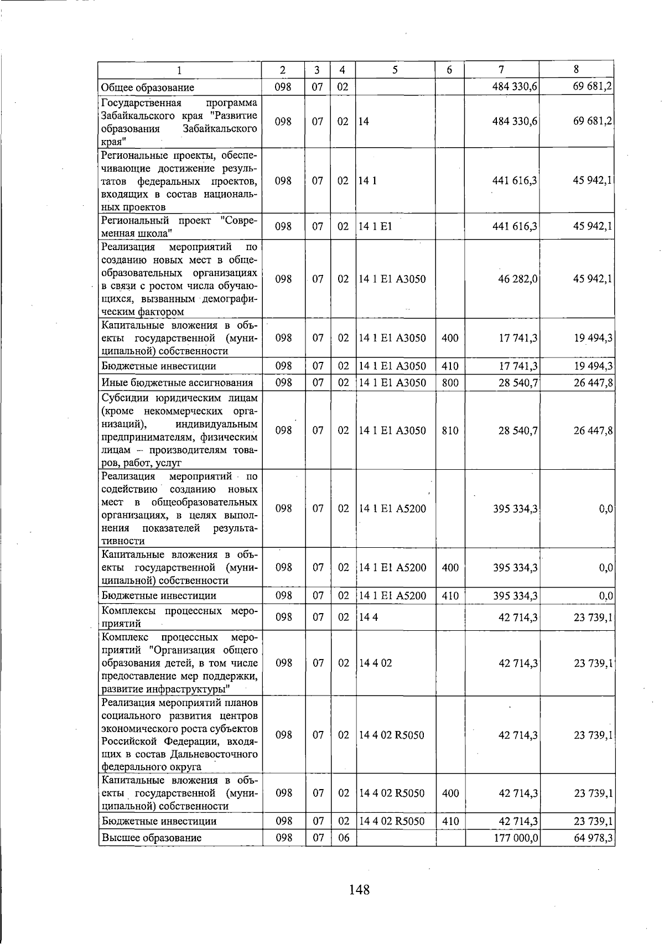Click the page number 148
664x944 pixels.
pyautogui.click(x=359, y=890)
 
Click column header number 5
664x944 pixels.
pyautogui.click(x=395, y=70)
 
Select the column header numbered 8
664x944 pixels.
pyautogui.click(x=576, y=70)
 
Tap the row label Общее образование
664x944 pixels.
pyautogui.click(x=148, y=87)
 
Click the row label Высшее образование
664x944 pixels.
pyautogui.click(x=151, y=838)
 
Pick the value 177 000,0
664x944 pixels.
pyautogui.click(x=515, y=838)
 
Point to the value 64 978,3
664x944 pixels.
pyautogui.click(x=593, y=838)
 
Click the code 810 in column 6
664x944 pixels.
pyautogui.click(x=450, y=430)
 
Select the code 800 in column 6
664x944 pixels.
pyautogui.click(x=450, y=382)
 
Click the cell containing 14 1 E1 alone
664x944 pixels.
pyautogui.click(x=375, y=226)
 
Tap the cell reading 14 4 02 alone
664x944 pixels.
pyautogui.click(x=375, y=663)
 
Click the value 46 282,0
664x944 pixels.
pyautogui.click(x=518, y=279)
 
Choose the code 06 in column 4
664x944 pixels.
pyautogui.click(x=344, y=838)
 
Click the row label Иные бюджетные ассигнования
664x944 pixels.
pyautogui.click(x=177, y=382)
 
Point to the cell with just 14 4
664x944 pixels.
pyautogui.click(x=369, y=617)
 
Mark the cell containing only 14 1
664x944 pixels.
pyautogui.click(x=367, y=181)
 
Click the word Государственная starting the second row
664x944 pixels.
pyautogui.click(x=141, y=103)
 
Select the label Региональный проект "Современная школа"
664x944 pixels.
pyautogui.click(x=179, y=226)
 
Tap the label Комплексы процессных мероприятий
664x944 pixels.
pyautogui.click(x=179, y=617)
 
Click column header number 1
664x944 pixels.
pyautogui.click(x=179, y=70)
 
